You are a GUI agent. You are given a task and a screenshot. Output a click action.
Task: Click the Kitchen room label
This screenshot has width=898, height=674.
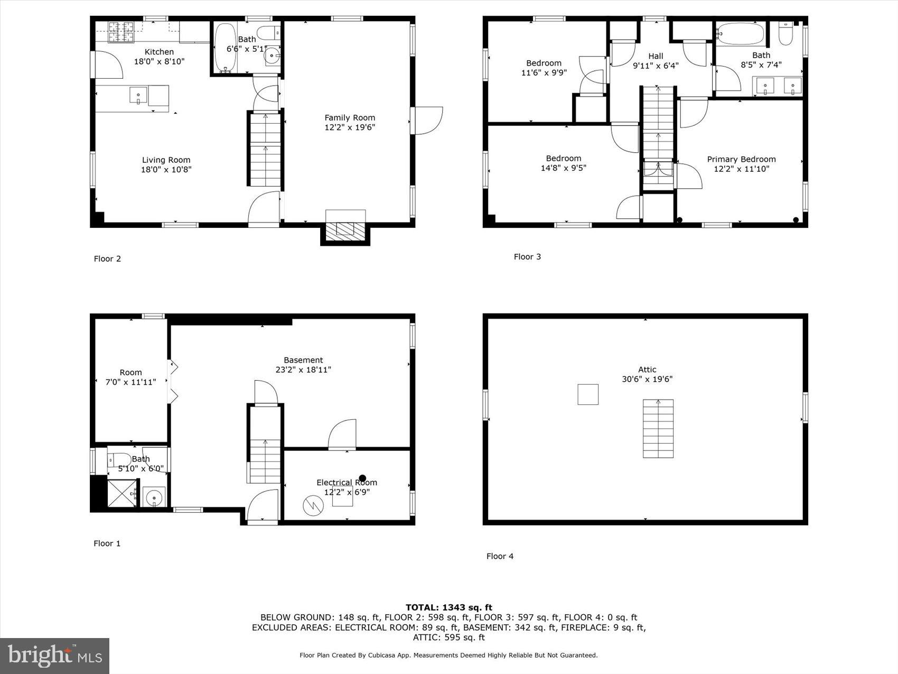pos(159,52)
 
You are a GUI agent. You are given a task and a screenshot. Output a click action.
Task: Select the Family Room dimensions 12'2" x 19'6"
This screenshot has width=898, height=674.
pos(349,127)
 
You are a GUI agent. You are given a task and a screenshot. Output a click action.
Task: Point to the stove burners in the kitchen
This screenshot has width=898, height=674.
pos(121,32)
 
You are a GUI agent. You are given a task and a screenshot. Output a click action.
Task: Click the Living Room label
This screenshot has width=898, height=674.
pos(166,160)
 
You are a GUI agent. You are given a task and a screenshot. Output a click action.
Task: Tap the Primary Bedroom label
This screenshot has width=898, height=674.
pos(741,159)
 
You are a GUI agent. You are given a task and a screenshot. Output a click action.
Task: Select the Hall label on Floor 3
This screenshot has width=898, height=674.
pos(656,56)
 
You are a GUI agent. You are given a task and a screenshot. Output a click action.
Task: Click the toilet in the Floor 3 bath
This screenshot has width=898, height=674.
pos(786,33)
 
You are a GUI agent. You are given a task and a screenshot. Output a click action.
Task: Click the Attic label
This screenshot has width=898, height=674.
pos(647,370)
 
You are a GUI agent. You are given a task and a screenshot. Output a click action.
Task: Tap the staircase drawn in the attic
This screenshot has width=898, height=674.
pos(658,428)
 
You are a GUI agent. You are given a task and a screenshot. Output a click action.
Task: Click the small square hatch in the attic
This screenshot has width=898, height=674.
pos(587,394)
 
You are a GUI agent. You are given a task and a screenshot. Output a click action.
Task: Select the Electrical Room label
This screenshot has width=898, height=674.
pos(347,482)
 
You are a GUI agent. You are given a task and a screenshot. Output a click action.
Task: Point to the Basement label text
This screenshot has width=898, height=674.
pos(303,360)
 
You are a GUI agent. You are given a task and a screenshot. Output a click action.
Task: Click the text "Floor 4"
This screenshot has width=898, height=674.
pos(500,556)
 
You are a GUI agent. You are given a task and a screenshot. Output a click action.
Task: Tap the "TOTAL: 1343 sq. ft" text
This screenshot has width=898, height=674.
pos(448,607)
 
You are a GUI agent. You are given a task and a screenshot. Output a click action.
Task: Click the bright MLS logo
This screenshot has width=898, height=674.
pos(55,655)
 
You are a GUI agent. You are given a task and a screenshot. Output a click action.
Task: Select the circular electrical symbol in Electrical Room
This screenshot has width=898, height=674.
pos(313,506)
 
